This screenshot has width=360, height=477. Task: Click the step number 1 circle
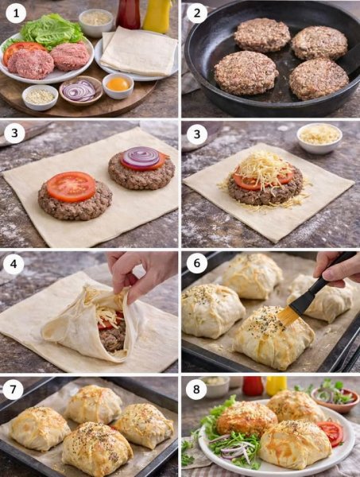[16, 13]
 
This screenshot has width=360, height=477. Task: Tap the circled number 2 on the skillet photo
[197, 13]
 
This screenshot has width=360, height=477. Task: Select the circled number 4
[14, 264]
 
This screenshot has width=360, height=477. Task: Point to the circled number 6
[197, 263]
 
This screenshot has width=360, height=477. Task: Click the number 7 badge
[13, 390]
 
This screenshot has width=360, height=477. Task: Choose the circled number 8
[196, 389]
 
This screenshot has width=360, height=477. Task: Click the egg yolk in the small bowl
[118, 84]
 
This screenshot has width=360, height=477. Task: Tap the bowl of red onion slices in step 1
[81, 91]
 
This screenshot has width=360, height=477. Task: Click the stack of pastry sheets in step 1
[139, 52]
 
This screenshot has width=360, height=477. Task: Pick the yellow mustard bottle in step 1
[157, 15]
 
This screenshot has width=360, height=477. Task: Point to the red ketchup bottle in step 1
[128, 14]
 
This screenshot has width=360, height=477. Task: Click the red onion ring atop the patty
[141, 157]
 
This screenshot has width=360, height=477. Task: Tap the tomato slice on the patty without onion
[72, 187]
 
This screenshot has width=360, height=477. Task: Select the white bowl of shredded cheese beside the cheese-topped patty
[319, 138]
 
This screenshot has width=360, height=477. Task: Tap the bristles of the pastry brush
[288, 316]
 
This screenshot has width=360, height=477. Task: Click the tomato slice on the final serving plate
[331, 432]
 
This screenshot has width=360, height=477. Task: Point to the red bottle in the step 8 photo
[253, 386]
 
